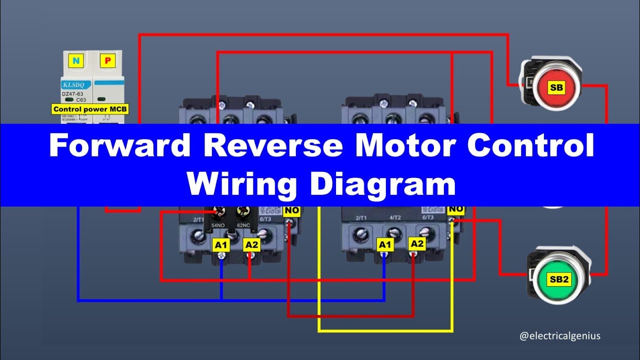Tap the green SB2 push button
(x=559, y=279)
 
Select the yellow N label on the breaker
(x=76, y=61)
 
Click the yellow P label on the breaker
(x=107, y=61)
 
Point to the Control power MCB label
(x=90, y=108)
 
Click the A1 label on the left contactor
(x=221, y=245)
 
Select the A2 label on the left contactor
(x=251, y=245)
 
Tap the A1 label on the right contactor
(x=384, y=244)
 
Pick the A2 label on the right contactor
(x=416, y=243)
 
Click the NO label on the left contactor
(x=291, y=211)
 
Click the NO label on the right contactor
(x=455, y=209)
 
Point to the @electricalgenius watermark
(x=559, y=336)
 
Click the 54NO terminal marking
(x=218, y=225)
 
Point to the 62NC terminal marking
(x=243, y=225)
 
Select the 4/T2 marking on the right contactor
(x=394, y=217)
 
